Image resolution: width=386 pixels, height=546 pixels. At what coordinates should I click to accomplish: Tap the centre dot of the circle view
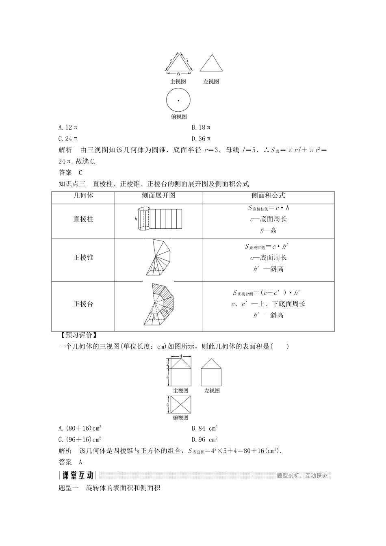click(x=178, y=100)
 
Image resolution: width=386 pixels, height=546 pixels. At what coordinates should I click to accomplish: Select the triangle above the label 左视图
click(x=211, y=64)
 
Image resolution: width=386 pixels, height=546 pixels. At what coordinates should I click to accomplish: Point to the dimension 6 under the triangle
click(x=178, y=74)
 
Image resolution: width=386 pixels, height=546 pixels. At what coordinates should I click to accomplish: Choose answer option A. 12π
click(x=68, y=127)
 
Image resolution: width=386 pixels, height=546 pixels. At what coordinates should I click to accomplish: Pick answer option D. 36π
click(x=201, y=139)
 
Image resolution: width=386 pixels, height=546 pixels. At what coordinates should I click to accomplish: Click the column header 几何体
click(x=83, y=195)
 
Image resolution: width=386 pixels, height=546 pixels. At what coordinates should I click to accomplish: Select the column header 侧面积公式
click(x=268, y=195)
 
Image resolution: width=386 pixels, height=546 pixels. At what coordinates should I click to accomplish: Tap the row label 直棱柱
click(x=83, y=219)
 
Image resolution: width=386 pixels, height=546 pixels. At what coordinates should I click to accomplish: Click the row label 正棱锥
click(x=83, y=258)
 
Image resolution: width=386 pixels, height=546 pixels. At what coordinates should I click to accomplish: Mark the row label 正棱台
click(x=83, y=304)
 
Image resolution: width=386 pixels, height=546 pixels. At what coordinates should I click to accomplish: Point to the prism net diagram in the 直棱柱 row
click(x=159, y=219)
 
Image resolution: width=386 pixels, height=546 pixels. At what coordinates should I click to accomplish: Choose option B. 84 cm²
click(x=205, y=428)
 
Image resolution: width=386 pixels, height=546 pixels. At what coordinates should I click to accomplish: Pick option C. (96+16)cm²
click(x=80, y=439)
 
